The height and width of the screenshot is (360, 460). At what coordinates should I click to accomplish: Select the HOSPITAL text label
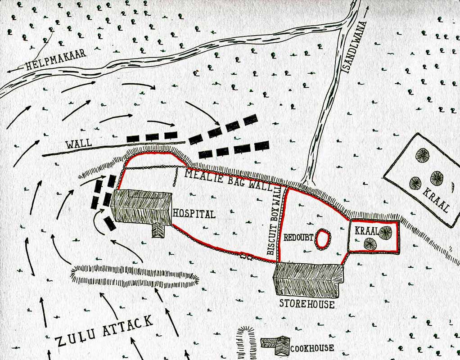coord(194,213)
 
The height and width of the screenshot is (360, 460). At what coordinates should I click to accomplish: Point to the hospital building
coord(141,207)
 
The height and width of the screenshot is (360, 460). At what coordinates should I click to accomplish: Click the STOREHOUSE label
coord(307,304)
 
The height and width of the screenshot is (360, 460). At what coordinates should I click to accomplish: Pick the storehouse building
coord(308,280)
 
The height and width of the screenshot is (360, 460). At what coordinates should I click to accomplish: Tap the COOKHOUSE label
coord(312,348)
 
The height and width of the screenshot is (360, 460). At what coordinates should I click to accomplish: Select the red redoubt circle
coord(323,239)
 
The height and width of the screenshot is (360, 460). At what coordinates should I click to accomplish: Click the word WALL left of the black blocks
coord(79,144)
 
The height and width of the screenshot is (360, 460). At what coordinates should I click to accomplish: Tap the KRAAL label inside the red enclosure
coord(364,230)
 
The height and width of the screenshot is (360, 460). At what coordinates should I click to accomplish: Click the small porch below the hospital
coord(158,230)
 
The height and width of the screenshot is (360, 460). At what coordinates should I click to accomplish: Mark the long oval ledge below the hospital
coord(135,276)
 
